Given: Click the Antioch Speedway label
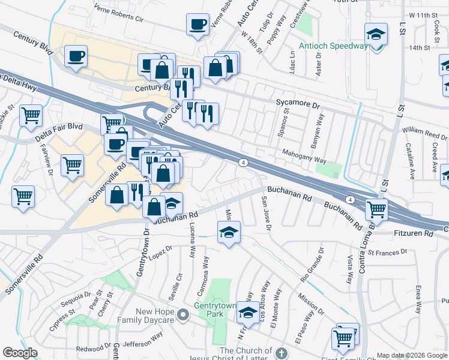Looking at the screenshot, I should [x=333, y=46].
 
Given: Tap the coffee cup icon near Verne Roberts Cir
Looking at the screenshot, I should [x=198, y=25].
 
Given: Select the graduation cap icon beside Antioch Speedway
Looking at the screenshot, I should [x=376, y=35].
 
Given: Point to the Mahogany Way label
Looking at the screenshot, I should [x=304, y=157].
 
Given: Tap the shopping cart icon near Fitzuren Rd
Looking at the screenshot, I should [x=377, y=210].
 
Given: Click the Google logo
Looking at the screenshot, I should [x=20, y=353].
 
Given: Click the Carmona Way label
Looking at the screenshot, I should [x=205, y=277].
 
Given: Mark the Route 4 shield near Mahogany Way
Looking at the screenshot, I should [x=243, y=162].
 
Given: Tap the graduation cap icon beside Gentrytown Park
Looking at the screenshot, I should [x=247, y=312].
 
